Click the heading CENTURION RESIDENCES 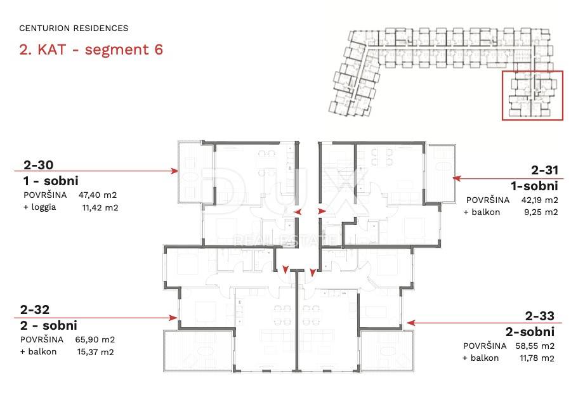click(x=74, y=28)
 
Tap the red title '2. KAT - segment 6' click(x=91, y=49)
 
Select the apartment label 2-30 click(x=38, y=165)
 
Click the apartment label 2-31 click(x=544, y=170)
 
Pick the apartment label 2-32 click(x=35, y=309)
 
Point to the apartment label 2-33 click(x=540, y=316)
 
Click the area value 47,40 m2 click(x=98, y=195)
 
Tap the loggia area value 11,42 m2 click(x=100, y=208)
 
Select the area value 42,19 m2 click(x=539, y=200)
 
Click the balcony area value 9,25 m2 click(x=541, y=212)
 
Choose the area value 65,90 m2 click(x=95, y=339)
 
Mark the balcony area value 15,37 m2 click(x=95, y=352)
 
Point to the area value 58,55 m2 click(x=535, y=346)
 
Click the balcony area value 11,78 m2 click(x=537, y=358)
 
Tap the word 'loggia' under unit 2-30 click(x=44, y=207)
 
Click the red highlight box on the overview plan click(x=502, y=95)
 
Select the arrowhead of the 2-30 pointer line click(x=175, y=171)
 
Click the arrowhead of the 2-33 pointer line click(x=410, y=323)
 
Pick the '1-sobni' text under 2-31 click(x=534, y=186)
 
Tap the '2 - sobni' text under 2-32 click(x=49, y=325)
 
